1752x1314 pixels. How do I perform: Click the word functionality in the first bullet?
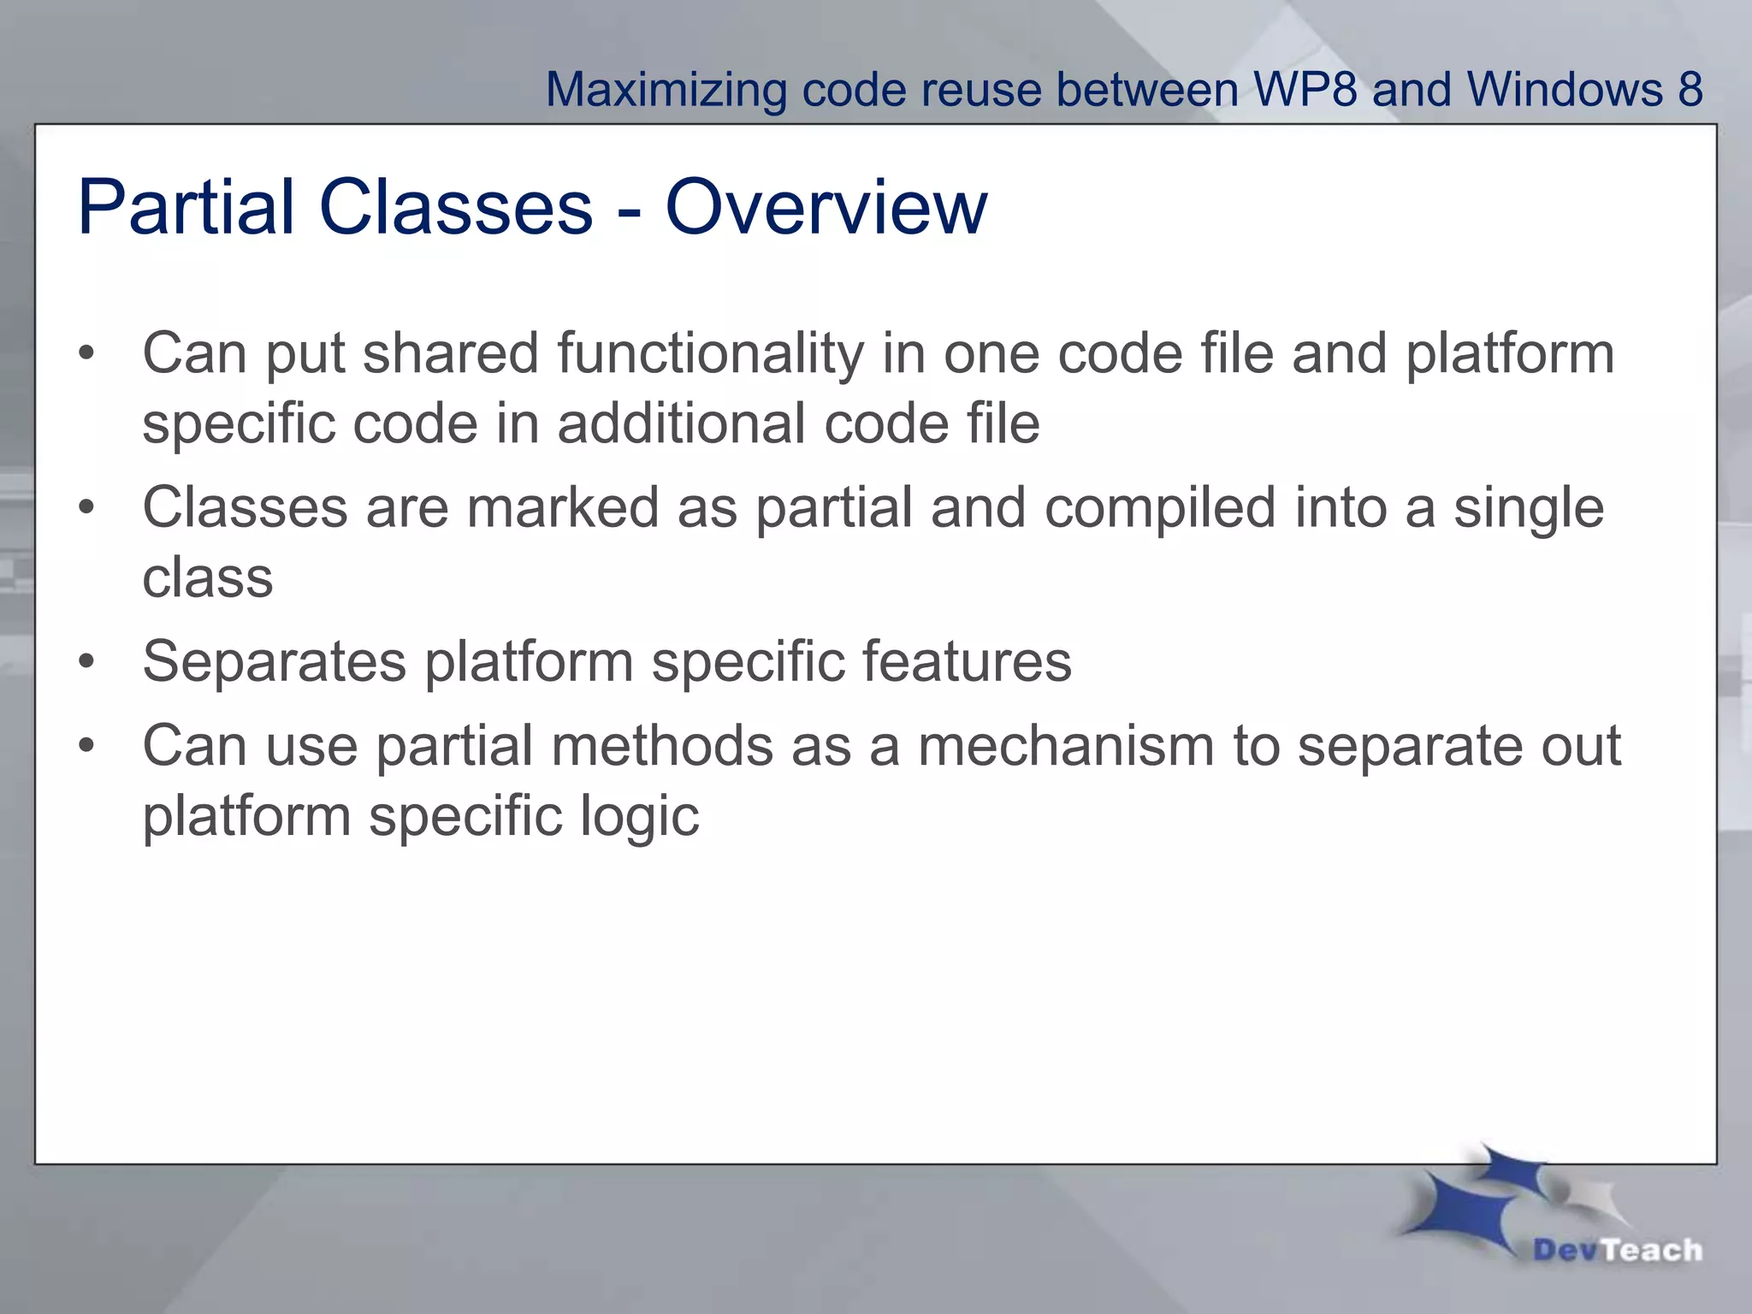click(x=711, y=353)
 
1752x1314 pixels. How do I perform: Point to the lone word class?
click(x=208, y=578)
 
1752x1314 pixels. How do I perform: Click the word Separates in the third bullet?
click(x=274, y=661)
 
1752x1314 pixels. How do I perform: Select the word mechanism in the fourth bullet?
click(x=1066, y=745)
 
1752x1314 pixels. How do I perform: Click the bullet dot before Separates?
click(x=86, y=662)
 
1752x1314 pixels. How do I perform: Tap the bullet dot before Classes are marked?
click(x=86, y=508)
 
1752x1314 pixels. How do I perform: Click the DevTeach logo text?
click(x=1617, y=1250)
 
